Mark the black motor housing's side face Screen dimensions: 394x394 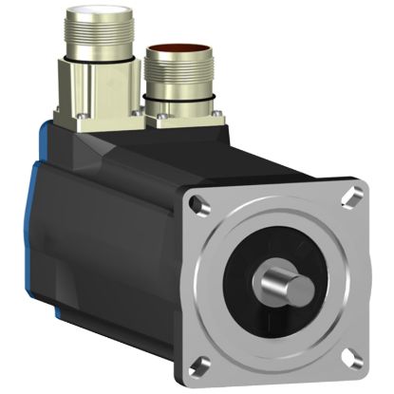click(123, 237)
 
